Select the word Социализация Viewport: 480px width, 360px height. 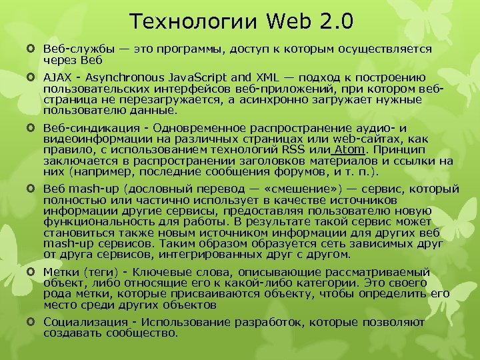tap(83, 322)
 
